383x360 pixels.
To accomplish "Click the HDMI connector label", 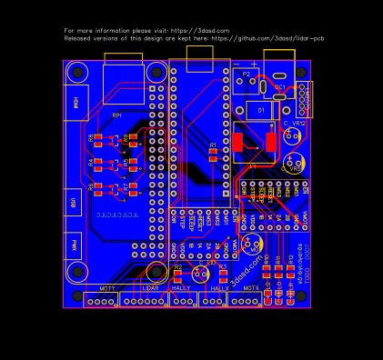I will (x=76, y=103).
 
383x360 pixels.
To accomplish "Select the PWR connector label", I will (x=75, y=245).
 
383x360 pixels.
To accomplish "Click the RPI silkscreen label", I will (x=116, y=115).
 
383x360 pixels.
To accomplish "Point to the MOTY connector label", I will (x=107, y=287).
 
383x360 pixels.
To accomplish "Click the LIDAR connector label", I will (x=150, y=287).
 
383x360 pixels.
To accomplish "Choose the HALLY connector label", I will (x=181, y=287).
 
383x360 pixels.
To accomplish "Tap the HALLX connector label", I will (x=219, y=287).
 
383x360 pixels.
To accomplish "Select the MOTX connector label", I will (x=251, y=287).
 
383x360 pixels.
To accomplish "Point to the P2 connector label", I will (x=246, y=74).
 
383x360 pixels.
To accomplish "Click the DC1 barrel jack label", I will (x=280, y=87).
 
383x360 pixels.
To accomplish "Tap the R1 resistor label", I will (x=213, y=145).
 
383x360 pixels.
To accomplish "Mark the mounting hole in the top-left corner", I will (x=77, y=71).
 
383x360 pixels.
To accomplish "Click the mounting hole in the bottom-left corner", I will (x=78, y=272).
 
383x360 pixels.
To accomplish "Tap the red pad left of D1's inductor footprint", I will (x=238, y=143).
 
